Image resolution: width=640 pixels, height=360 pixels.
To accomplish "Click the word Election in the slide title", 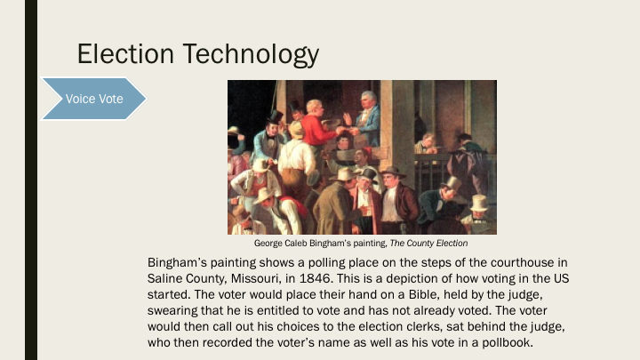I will (x=125, y=54).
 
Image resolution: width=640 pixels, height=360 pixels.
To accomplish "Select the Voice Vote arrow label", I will (x=94, y=98).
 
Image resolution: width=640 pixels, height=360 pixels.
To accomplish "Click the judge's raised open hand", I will (x=348, y=118).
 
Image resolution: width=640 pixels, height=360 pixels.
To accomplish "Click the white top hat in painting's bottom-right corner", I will (x=480, y=204).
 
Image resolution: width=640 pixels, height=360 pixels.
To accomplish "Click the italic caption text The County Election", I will (x=425, y=243).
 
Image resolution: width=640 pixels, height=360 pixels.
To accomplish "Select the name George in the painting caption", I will (x=270, y=243).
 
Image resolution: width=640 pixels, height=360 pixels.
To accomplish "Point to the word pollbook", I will (x=501, y=342).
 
